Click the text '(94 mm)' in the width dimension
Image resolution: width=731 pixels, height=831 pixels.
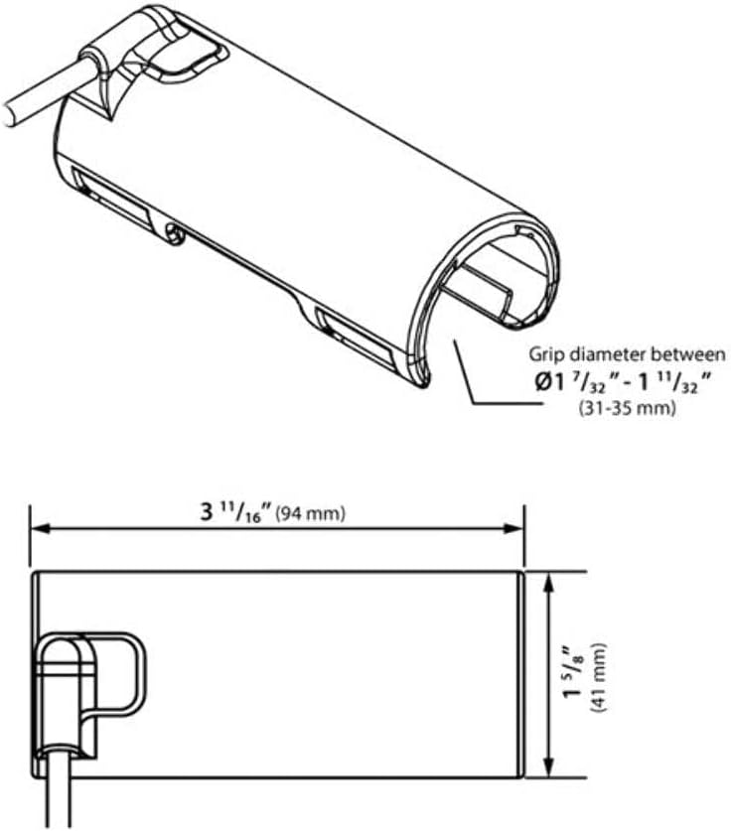310,513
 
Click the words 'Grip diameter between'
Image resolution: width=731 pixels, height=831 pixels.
627,353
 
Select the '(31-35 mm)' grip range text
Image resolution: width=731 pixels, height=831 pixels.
627,408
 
